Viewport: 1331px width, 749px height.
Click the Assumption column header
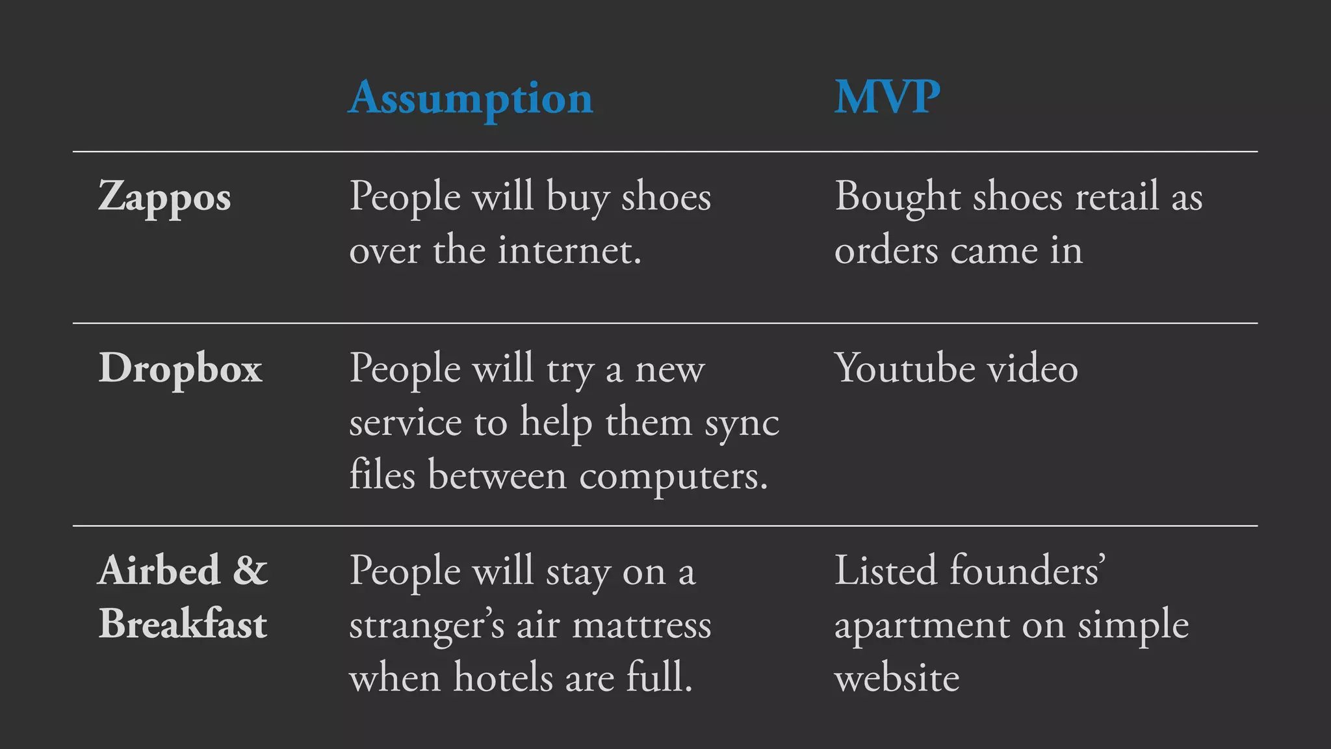click(471, 99)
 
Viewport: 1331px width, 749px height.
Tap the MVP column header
click(887, 98)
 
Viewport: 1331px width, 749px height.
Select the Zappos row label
click(164, 197)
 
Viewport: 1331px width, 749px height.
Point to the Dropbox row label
click(180, 369)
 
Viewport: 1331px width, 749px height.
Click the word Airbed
click(159, 571)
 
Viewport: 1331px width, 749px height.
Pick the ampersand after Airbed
click(250, 571)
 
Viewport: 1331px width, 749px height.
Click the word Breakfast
click(183, 624)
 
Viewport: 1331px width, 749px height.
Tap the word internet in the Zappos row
click(569, 250)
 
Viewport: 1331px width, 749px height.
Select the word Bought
click(898, 197)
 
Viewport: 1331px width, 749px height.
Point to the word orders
click(886, 251)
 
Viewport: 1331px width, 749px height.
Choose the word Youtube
click(905, 369)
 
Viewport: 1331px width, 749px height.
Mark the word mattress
click(641, 625)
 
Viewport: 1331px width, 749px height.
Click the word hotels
click(503, 677)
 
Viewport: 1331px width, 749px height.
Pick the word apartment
click(922, 626)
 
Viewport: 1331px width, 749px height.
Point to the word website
click(897, 678)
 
